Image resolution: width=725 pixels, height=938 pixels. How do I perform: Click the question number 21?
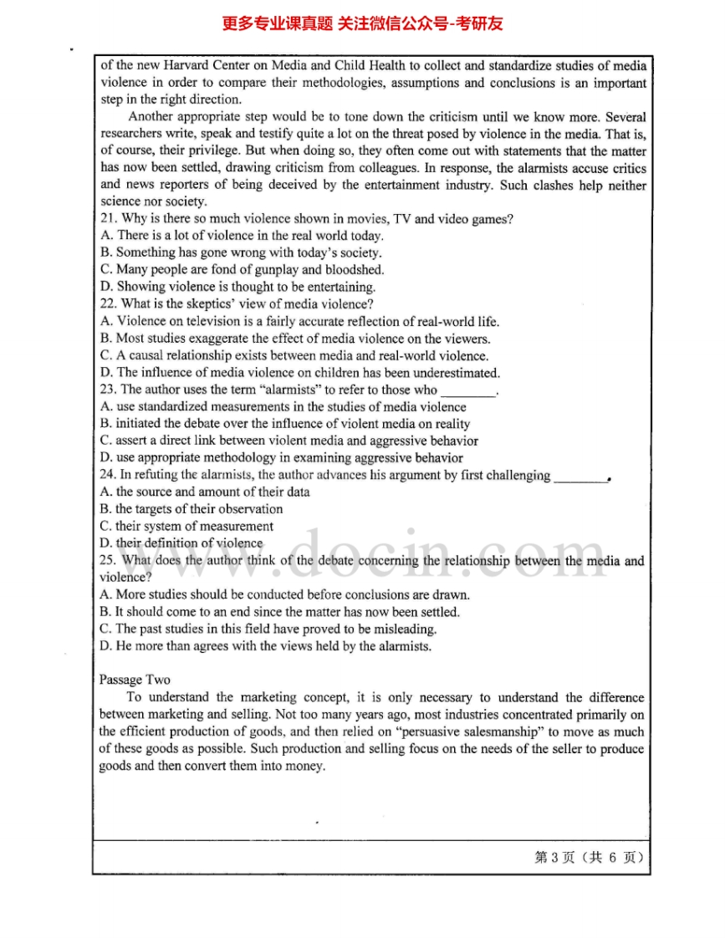107,219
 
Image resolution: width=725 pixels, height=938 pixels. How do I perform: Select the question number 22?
107,304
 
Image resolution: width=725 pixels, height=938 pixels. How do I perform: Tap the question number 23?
107,390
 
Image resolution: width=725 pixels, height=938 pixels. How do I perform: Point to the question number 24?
107,476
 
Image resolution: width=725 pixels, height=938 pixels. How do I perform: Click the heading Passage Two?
135,680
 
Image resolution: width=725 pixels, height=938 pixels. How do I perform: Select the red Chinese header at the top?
362,23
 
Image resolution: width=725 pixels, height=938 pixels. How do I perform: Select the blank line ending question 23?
467,391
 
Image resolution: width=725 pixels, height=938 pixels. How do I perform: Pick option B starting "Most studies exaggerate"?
294,339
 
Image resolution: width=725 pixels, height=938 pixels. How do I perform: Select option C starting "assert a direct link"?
288,441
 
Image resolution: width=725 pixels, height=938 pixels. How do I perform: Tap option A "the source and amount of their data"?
205,492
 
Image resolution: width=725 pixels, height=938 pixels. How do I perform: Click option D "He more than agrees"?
265,646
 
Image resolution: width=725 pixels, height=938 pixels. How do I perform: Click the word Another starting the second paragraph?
153,117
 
